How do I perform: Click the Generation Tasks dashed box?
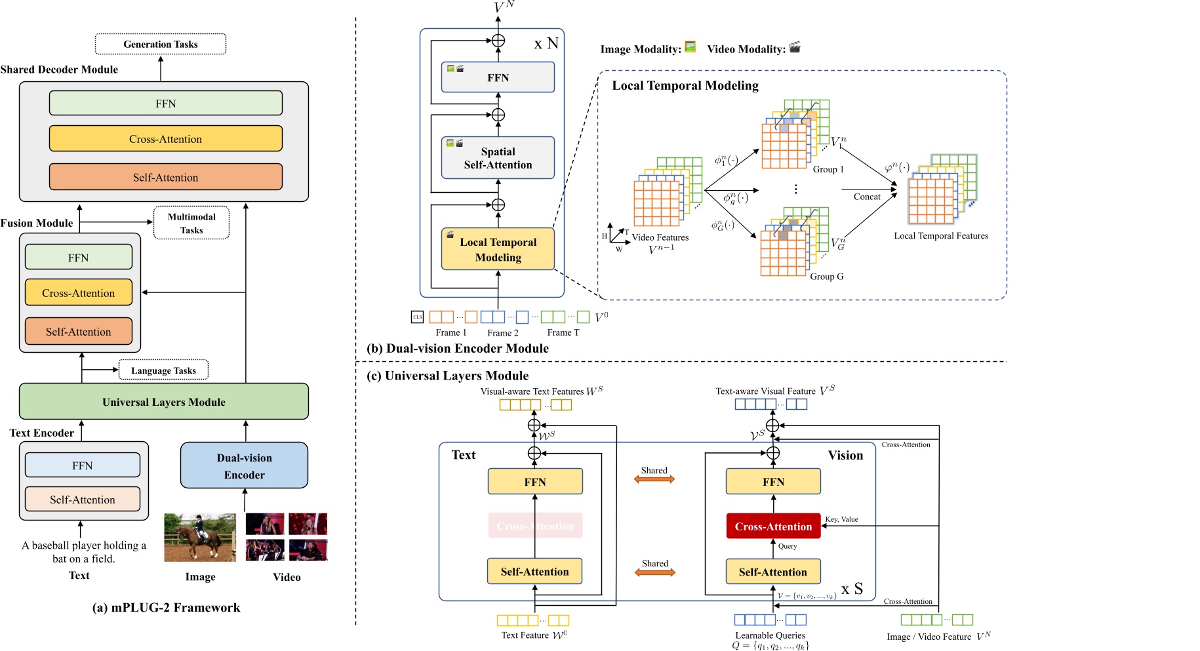(x=161, y=44)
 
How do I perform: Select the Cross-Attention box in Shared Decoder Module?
(x=165, y=139)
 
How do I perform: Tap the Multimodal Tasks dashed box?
(x=191, y=223)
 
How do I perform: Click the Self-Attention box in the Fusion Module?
(x=79, y=332)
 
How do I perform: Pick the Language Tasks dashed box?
(x=163, y=370)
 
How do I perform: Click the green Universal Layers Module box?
(x=163, y=402)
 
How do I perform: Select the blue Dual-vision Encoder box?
(x=244, y=465)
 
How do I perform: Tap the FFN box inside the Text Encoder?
(x=83, y=465)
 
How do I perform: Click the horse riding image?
(x=199, y=538)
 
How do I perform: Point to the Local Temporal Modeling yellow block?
(x=498, y=249)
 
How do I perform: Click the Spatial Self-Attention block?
(x=498, y=158)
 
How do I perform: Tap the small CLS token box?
(x=418, y=317)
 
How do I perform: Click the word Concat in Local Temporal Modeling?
(x=867, y=197)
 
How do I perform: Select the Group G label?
(x=826, y=277)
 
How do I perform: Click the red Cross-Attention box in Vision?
(x=773, y=526)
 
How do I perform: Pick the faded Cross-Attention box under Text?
(x=535, y=526)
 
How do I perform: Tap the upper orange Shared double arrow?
(x=654, y=479)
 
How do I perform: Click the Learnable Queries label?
(x=770, y=635)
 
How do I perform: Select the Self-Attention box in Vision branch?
(x=773, y=572)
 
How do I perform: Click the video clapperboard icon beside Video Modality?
(x=795, y=47)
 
